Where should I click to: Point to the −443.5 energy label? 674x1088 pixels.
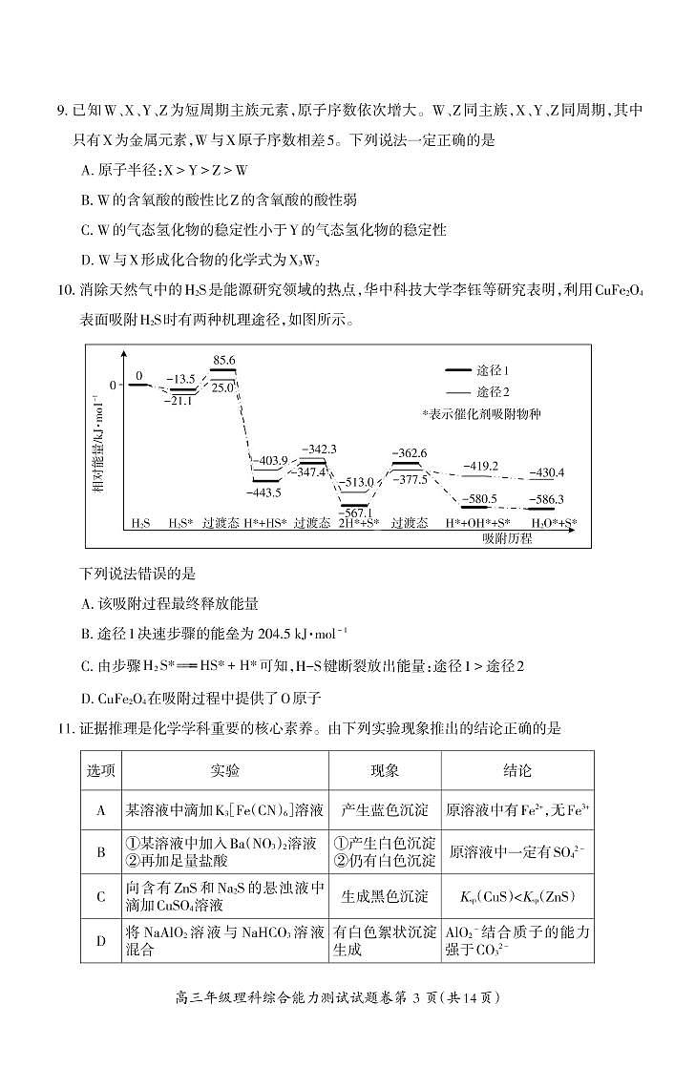(263, 492)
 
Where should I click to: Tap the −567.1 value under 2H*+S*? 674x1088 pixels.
(356, 513)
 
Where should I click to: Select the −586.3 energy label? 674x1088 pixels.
(546, 499)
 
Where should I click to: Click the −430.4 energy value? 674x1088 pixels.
(546, 472)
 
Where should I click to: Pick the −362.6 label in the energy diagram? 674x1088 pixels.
(411, 452)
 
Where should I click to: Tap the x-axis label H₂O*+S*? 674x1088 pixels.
(554, 524)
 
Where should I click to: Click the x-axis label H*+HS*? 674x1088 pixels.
(264, 524)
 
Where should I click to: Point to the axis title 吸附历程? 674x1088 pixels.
(507, 538)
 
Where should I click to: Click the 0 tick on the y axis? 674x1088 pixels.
(113, 385)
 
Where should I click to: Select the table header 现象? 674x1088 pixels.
(385, 770)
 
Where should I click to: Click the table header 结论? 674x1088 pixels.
(516, 770)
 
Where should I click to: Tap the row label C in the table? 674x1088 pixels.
(100, 895)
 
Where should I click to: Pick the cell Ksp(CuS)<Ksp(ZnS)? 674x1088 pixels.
(516, 895)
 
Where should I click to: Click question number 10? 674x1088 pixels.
(66, 290)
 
